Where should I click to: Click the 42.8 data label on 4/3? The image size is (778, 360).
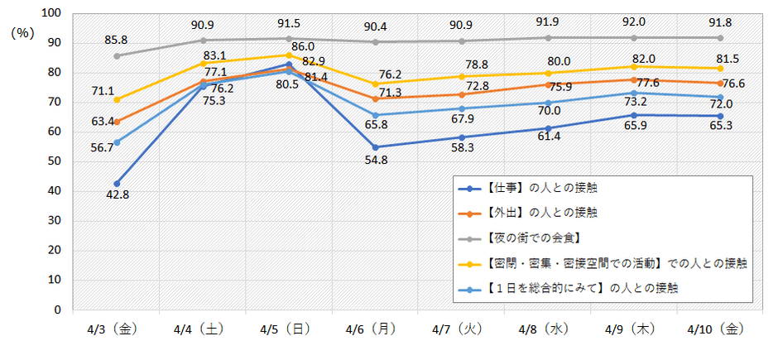tap(118, 194)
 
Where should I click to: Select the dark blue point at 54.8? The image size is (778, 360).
tap(376, 147)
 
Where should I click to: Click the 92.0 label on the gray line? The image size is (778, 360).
tap(633, 24)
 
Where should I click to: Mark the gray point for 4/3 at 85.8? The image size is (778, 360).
tap(118, 56)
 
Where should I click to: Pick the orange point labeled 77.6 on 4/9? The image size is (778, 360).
tap(634, 80)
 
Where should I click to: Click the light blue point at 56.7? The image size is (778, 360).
tap(118, 142)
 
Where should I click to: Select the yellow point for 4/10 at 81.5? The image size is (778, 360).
tap(720, 69)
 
